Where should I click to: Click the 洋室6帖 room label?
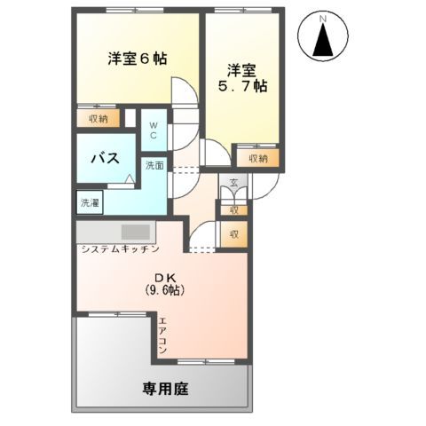tap(138, 59)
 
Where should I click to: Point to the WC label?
tap(153, 130)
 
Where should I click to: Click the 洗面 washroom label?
tap(154, 165)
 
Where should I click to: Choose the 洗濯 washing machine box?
tap(90, 203)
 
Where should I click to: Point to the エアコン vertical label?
tap(163, 336)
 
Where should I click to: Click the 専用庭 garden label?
tap(166, 388)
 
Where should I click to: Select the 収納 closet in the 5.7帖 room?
tap(257, 158)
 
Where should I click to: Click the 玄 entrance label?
tap(233, 184)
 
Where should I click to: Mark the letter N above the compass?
tap(324, 18)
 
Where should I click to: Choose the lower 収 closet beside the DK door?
tap(233, 234)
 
